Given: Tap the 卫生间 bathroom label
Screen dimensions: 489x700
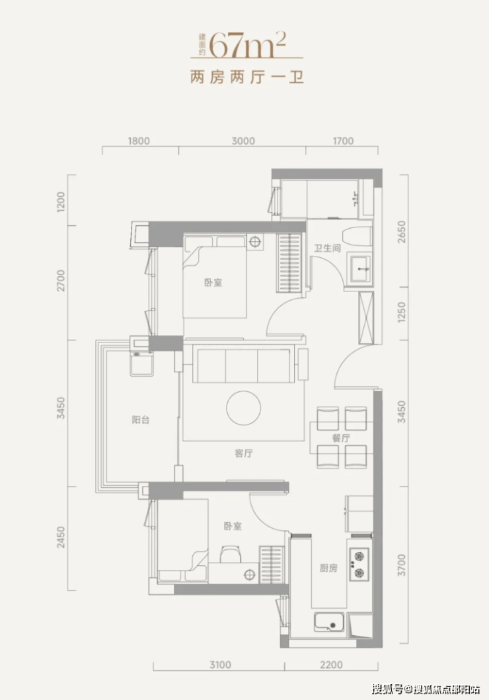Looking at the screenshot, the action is coord(327,249).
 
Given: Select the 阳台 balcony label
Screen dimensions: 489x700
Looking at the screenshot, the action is coord(141,420).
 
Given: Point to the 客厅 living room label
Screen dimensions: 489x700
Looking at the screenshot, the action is coord(244,453).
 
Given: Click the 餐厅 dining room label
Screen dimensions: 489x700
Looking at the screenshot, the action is coord(341,438).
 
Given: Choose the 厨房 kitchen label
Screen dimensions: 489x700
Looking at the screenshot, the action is coord(328,568).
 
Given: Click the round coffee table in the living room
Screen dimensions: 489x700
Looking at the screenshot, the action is coord(244,408).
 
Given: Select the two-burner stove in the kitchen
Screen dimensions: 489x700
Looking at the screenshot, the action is coord(359,564).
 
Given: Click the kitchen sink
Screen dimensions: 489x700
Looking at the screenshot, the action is coord(329,622).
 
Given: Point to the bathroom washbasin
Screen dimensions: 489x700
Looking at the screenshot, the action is coord(360,269).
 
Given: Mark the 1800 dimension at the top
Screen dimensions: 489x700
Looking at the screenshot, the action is coord(139,141).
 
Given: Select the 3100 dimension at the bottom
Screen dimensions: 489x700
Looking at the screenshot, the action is coord(221,665).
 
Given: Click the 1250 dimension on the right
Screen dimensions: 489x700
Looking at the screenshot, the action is coord(402,313).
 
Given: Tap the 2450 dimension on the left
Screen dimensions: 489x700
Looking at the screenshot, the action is coord(61,537).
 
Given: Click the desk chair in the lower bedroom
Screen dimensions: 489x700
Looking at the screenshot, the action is coord(230,553).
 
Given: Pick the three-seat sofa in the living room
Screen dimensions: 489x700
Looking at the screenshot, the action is coord(244,366).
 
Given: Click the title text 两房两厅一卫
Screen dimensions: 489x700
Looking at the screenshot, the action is coord(247,77).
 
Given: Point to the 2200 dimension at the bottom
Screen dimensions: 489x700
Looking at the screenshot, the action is coord(331,665).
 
